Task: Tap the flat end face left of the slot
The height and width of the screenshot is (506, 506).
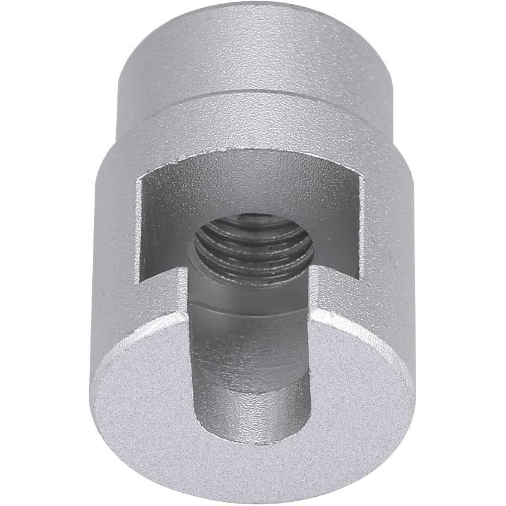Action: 144,383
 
